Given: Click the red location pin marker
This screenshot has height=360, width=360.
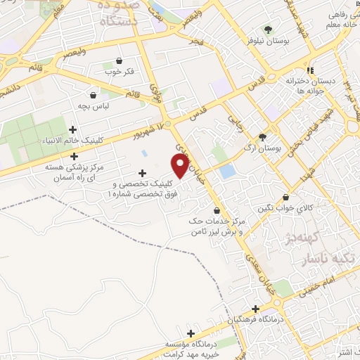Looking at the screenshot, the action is (181, 167).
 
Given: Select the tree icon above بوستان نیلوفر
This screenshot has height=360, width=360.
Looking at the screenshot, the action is (268, 29).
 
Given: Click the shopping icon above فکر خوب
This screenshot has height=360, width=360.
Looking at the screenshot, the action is (119, 61).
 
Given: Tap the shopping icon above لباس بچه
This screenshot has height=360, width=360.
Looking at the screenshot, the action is (94, 95).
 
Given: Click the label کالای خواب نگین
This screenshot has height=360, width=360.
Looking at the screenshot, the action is (285, 209).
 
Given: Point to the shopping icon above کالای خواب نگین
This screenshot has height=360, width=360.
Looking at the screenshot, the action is (285, 198).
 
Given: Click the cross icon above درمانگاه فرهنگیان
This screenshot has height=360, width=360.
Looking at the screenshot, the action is (256, 309).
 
